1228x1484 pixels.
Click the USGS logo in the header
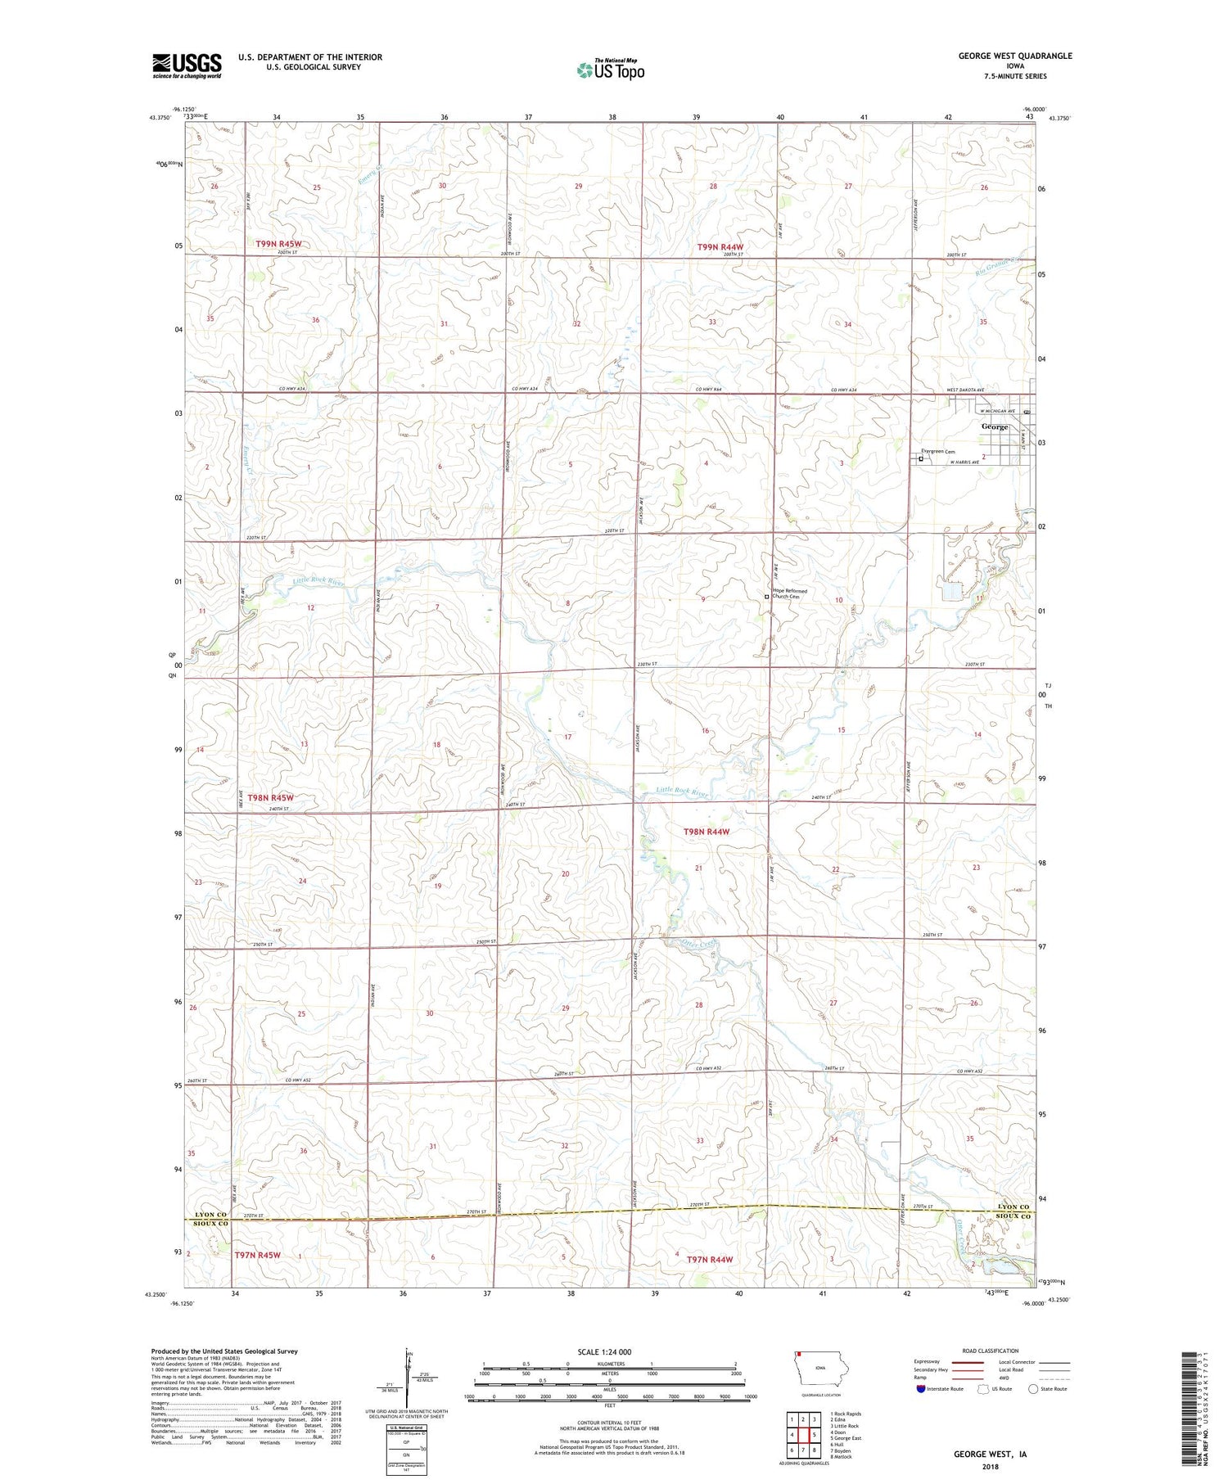[187, 65]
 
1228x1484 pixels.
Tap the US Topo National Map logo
[610, 70]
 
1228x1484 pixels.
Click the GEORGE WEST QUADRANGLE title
[1015, 56]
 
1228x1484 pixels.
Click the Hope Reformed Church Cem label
[789, 593]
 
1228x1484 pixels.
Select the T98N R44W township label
[706, 832]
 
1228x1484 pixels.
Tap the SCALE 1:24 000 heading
[604, 1351]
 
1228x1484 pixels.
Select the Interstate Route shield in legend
[921, 1389]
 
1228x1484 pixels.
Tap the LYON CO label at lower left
[210, 1214]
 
